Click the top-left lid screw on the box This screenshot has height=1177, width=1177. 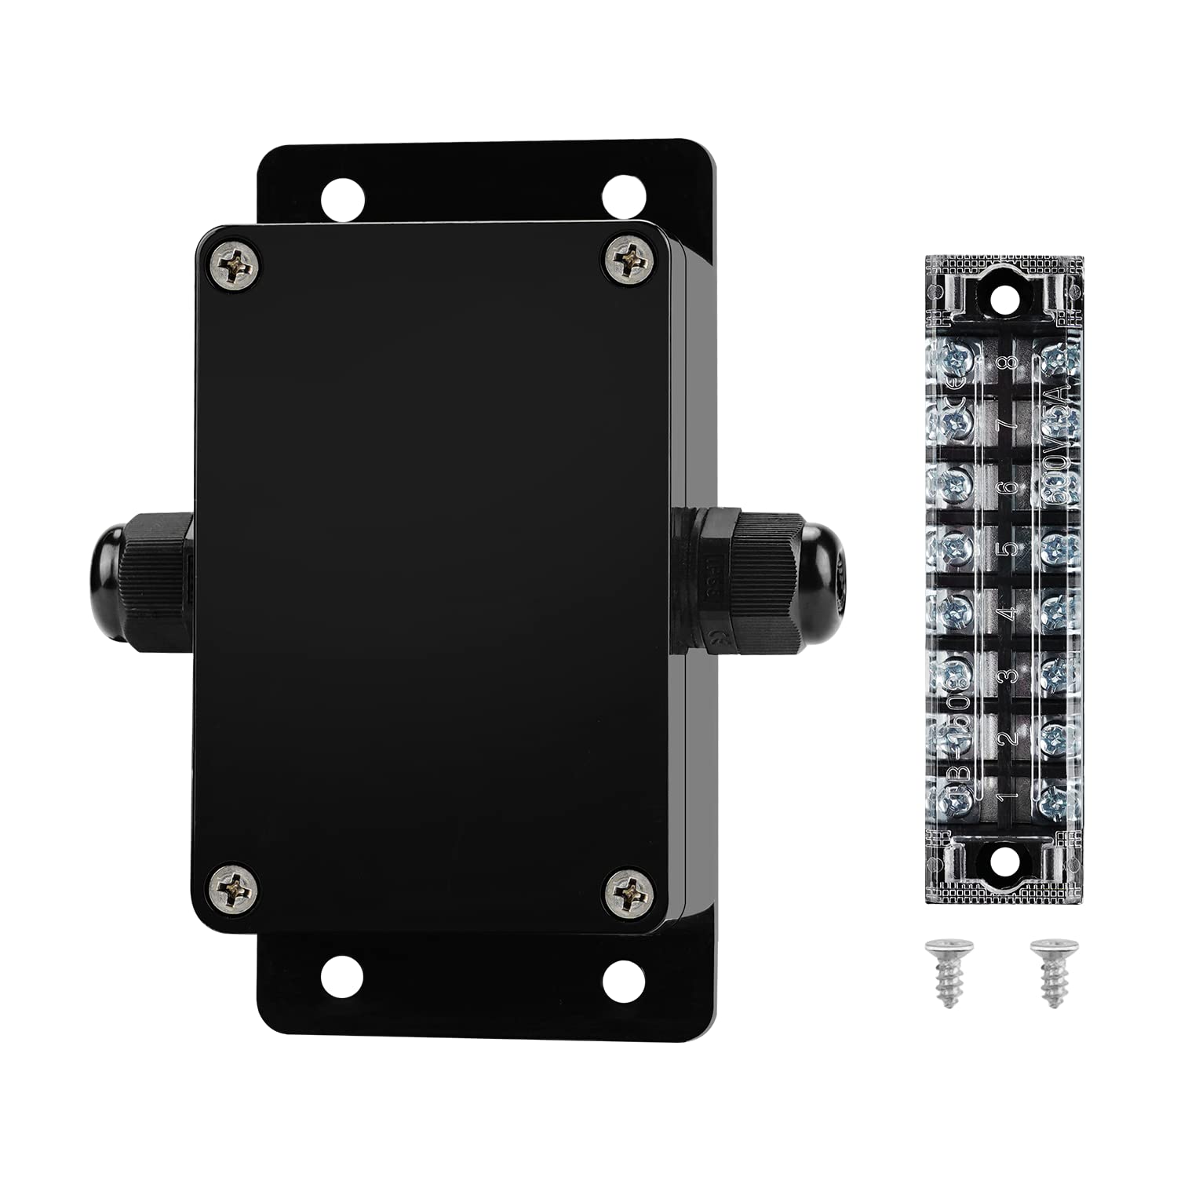tap(236, 267)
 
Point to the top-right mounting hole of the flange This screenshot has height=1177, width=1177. tap(621, 192)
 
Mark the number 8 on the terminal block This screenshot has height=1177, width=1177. tap(1010, 363)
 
